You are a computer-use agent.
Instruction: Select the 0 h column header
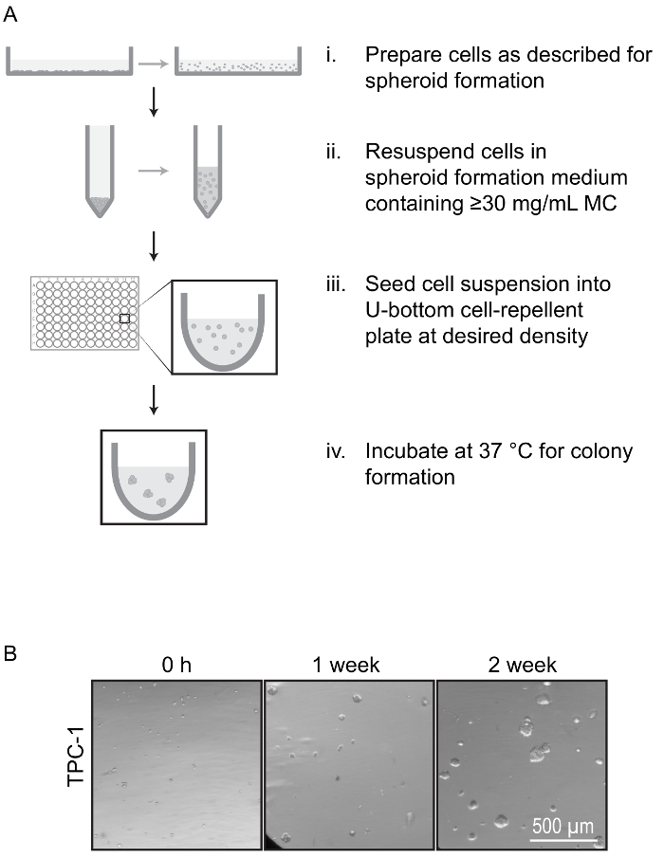pos(177,666)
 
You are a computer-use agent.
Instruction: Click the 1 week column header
pos(348,666)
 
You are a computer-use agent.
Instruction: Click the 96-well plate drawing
pos(85,313)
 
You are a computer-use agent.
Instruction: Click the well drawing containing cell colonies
pos(153,477)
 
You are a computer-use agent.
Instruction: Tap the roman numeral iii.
pos(336,285)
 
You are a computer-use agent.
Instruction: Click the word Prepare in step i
pos(403,56)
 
